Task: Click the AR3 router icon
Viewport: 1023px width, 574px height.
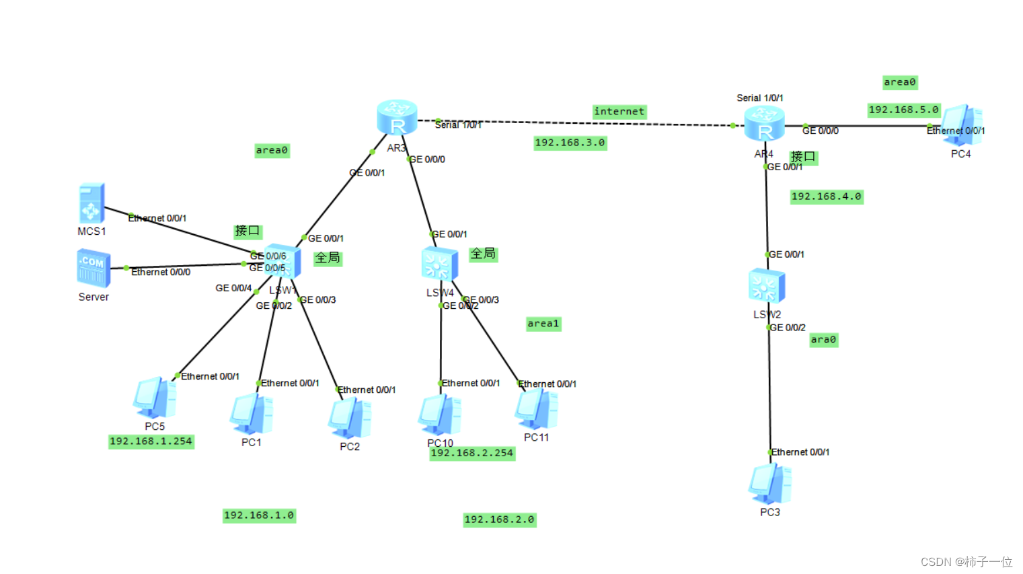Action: click(x=397, y=117)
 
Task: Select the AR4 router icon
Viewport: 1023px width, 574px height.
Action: click(x=764, y=124)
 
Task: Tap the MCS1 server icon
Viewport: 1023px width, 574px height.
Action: click(x=91, y=203)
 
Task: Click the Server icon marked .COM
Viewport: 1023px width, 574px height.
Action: click(x=93, y=268)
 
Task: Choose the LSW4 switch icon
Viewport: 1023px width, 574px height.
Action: click(x=439, y=264)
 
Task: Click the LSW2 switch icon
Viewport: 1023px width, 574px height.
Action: click(x=766, y=286)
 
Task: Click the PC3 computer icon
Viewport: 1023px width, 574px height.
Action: click(x=769, y=484)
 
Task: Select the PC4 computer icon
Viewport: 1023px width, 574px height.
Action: click(x=962, y=125)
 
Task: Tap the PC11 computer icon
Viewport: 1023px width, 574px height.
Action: click(x=536, y=409)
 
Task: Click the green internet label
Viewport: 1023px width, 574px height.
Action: click(x=619, y=112)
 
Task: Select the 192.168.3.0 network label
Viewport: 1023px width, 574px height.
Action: click(x=570, y=143)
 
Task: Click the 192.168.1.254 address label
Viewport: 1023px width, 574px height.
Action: click(x=151, y=441)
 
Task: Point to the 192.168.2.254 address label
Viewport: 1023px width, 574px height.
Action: click(x=472, y=453)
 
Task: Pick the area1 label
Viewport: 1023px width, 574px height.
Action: click(x=543, y=324)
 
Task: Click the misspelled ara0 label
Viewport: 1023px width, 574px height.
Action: click(x=823, y=340)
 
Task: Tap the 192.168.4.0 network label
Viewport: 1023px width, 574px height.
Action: click(x=826, y=196)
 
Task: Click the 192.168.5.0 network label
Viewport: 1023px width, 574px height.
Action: click(x=903, y=110)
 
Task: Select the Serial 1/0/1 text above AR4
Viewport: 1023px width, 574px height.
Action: click(x=759, y=98)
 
